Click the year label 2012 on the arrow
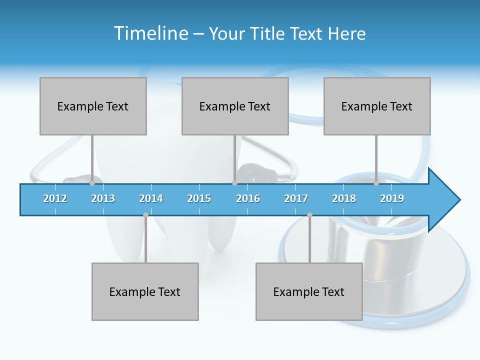click(55, 198)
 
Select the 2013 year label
click(103, 198)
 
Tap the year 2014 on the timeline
click(151, 198)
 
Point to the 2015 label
click(199, 198)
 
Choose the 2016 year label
click(248, 198)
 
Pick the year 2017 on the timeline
click(296, 198)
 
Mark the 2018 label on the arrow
click(344, 198)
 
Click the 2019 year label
click(392, 198)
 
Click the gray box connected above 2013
click(93, 106)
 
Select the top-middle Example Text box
click(235, 106)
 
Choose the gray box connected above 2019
click(377, 106)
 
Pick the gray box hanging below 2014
click(145, 291)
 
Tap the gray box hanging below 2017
click(309, 291)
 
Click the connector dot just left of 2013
click(92, 183)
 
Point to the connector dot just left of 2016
click(234, 183)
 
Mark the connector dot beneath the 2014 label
click(145, 215)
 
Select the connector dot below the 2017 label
click(309, 215)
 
